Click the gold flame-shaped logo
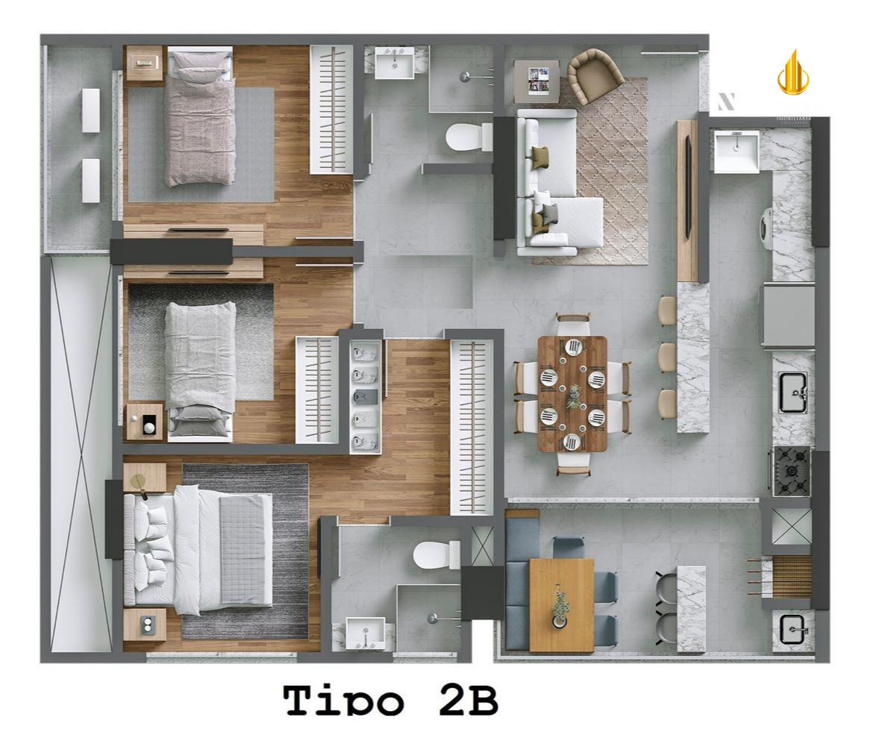792,73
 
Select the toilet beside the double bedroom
437,554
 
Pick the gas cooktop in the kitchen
792,470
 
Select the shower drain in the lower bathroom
432,617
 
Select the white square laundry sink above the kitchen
735,152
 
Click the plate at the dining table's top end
573,346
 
